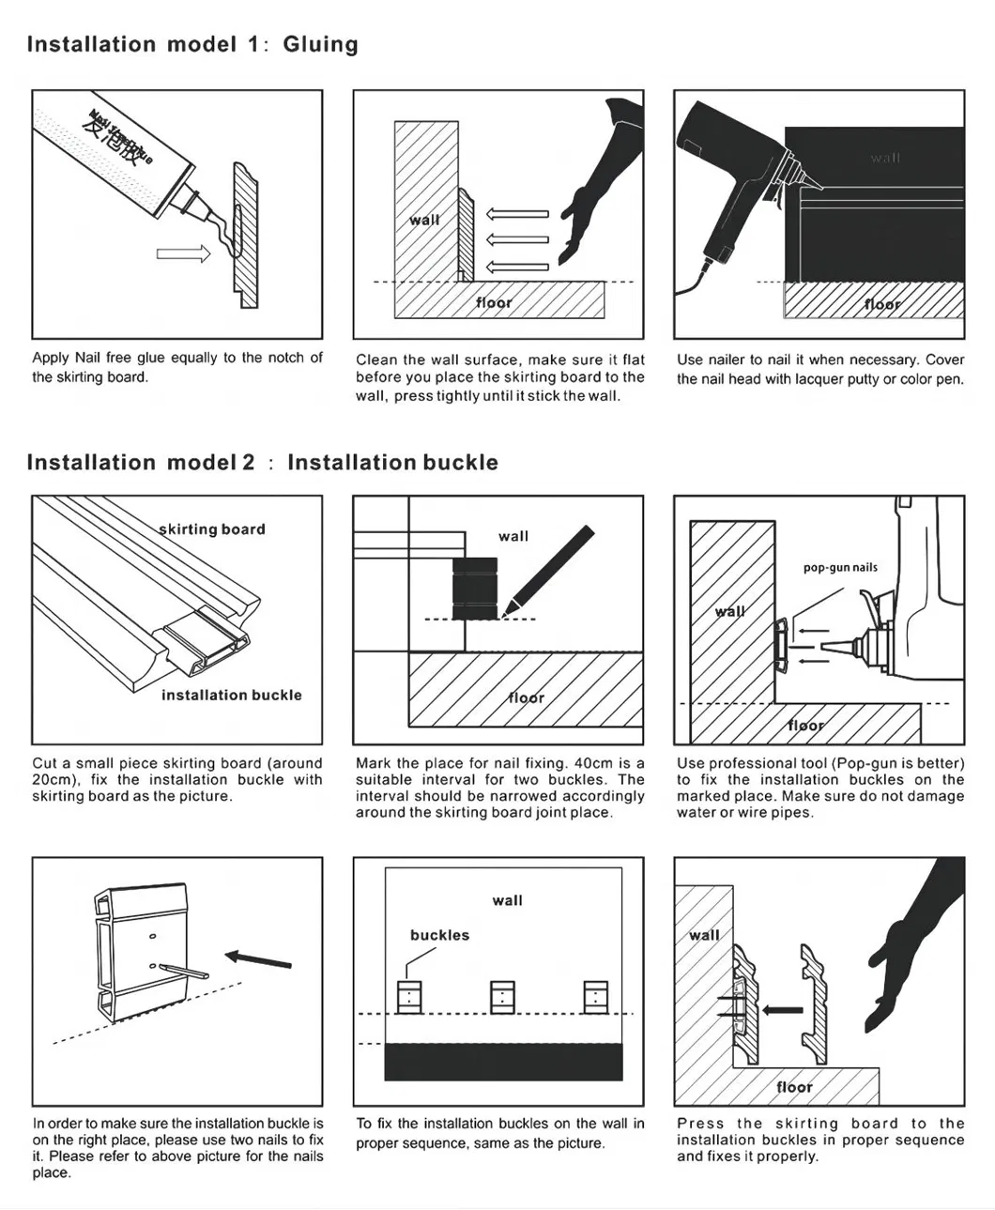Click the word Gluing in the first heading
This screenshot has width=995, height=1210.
320,45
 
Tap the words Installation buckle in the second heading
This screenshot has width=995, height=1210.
392,463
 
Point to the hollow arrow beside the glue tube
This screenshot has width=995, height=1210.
183,253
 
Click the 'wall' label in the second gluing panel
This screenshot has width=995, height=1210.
424,220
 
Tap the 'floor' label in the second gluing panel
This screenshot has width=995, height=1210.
494,302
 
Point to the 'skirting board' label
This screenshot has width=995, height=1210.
212,529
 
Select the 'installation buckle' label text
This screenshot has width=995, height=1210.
231,696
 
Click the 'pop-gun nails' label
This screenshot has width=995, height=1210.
840,567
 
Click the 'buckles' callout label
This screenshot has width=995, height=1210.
439,936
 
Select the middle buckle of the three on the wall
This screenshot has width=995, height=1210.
502,996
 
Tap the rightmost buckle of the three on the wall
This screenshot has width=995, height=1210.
595,996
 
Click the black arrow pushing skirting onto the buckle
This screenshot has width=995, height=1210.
782,1011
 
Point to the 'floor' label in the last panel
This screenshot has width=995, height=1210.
794,1087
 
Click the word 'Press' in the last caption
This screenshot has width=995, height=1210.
700,1124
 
